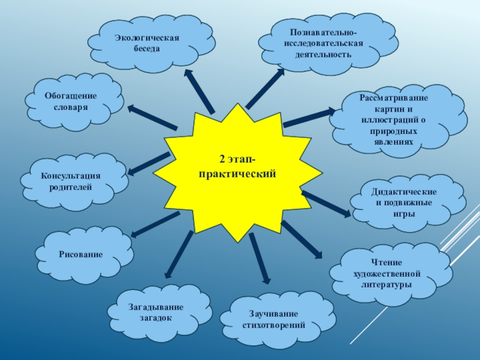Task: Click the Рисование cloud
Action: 81,254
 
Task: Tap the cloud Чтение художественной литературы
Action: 387,274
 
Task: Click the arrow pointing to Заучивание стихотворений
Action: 259,257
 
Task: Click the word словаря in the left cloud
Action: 70,107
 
